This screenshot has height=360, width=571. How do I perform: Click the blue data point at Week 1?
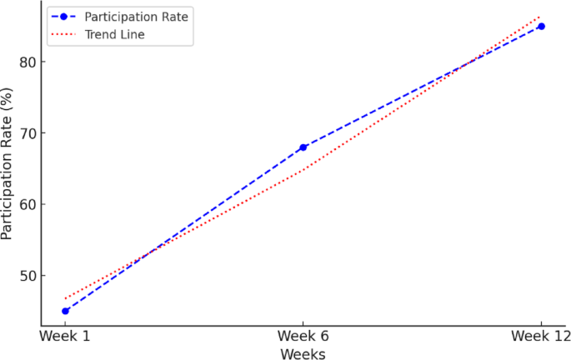point(65,311)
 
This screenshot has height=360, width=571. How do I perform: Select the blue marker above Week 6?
point(303,147)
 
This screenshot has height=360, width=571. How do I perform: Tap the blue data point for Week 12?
point(541,26)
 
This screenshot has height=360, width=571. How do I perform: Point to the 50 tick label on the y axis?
point(24,276)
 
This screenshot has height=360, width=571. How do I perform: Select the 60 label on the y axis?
point(24,204)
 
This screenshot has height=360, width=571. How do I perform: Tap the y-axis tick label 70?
point(24,133)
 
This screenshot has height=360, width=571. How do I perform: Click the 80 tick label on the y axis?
point(24,62)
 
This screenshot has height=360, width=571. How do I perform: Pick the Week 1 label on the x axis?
point(65,336)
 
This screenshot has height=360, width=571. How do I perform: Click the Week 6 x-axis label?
point(303,336)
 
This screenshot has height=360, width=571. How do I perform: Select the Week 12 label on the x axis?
point(541,336)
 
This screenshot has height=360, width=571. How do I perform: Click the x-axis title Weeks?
point(303,353)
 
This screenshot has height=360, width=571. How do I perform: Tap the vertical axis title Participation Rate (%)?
point(8,167)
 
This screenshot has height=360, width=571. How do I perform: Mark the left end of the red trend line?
point(65,298)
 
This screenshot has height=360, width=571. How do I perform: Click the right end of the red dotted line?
point(541,16)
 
